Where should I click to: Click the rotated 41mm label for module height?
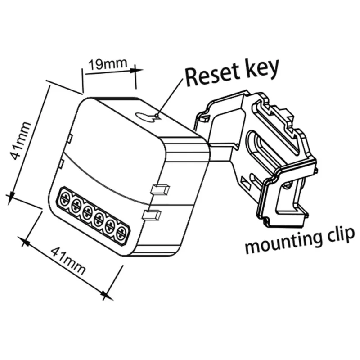(22, 141)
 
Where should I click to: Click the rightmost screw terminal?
(121, 233)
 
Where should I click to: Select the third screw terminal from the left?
(87, 211)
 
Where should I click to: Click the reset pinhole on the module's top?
(155, 116)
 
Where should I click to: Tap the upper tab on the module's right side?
(160, 189)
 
